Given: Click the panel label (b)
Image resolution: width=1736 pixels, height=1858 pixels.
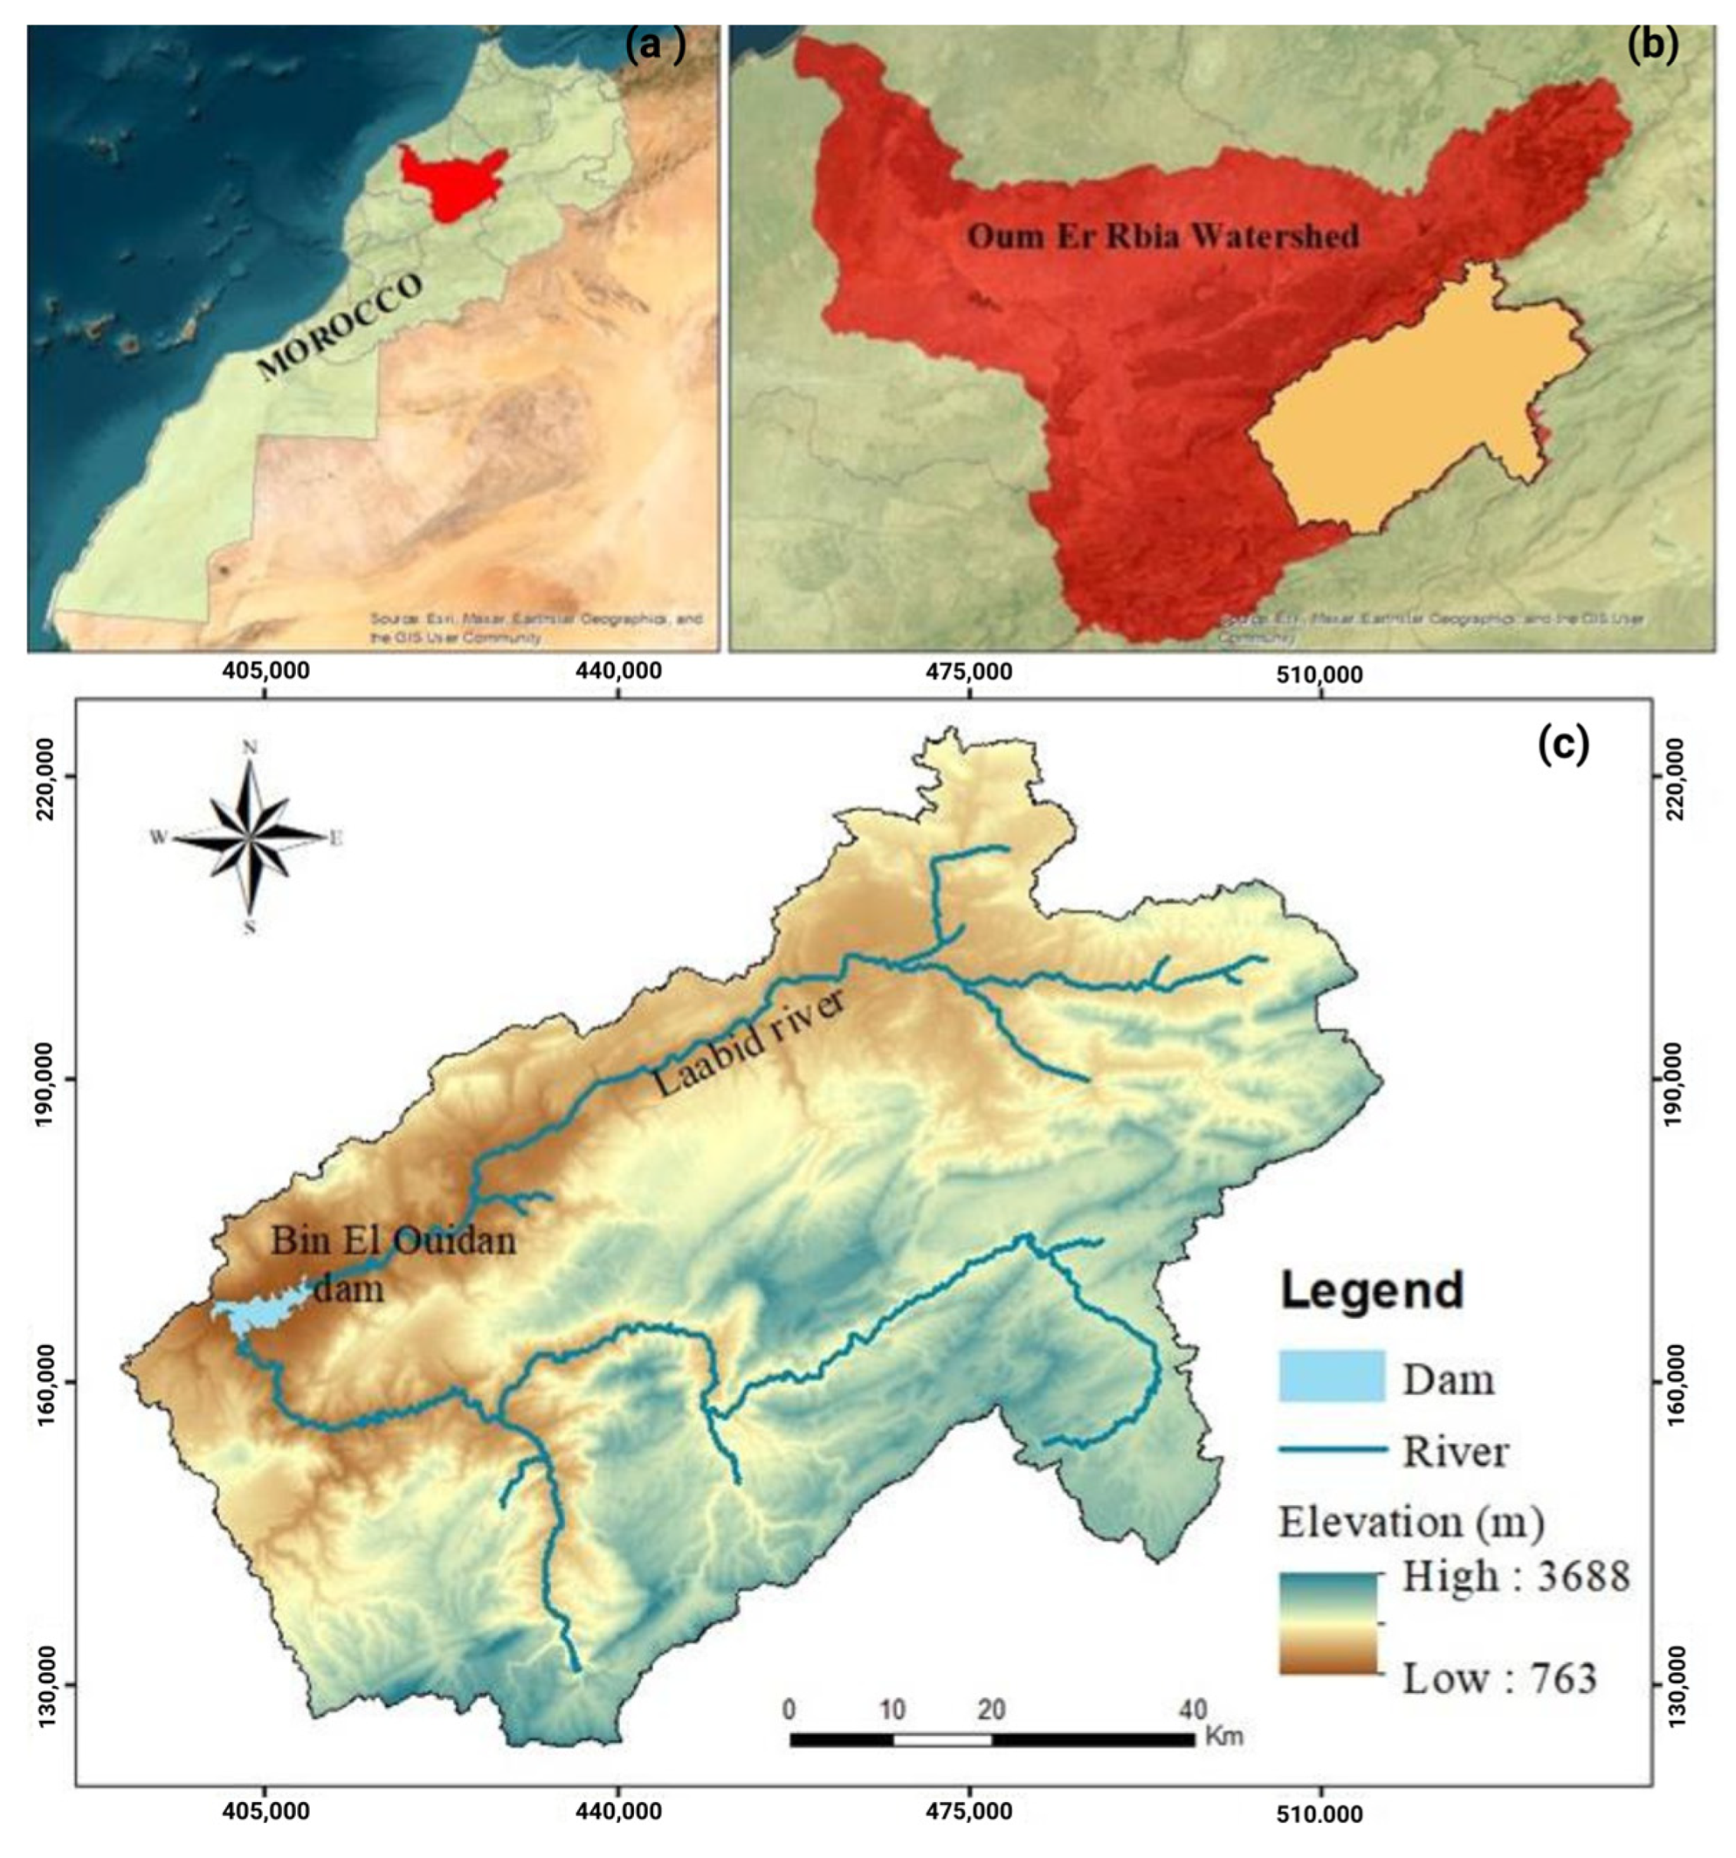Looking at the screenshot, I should pos(1652,46).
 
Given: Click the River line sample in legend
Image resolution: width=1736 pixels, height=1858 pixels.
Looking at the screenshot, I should pos(1331,1449).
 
